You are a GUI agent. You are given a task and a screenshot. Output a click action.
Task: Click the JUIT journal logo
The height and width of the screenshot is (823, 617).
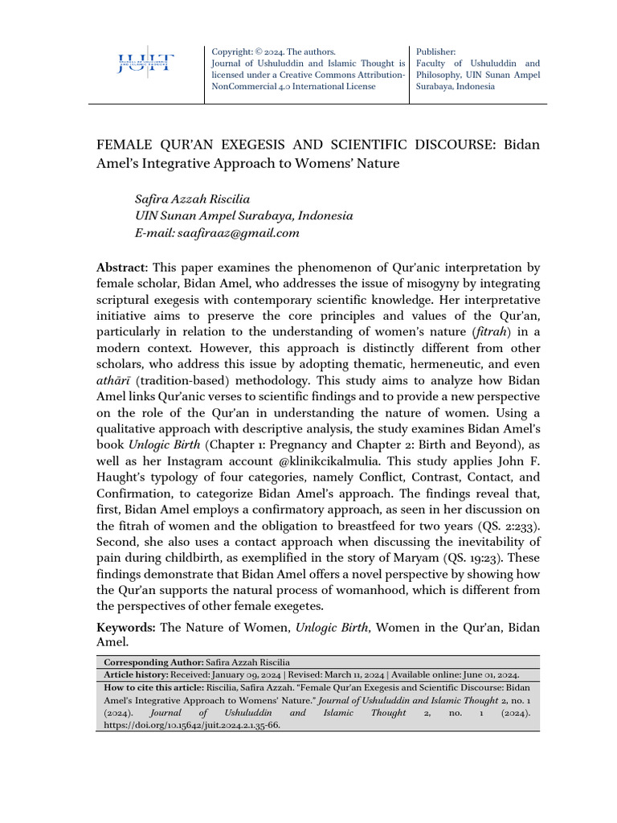[145, 63]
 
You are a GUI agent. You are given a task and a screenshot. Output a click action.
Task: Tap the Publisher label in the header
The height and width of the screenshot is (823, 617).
[436, 51]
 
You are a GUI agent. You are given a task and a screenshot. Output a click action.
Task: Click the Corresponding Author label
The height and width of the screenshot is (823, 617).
[153, 661]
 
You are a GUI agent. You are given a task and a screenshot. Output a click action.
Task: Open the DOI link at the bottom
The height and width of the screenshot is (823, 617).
[192, 724]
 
